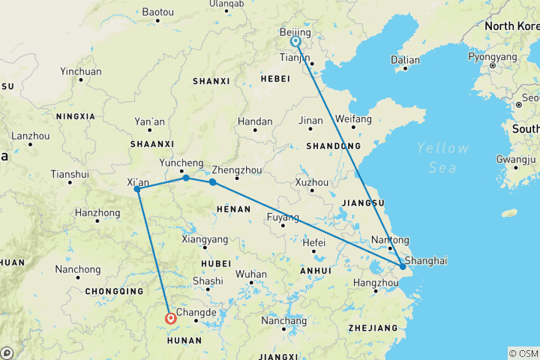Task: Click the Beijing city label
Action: pyautogui.click(x=294, y=33)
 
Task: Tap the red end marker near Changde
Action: pyautogui.click(x=171, y=319)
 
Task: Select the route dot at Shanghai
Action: pyautogui.click(x=403, y=266)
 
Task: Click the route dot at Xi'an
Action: pyautogui.click(x=137, y=189)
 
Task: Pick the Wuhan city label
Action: pyautogui.click(x=250, y=274)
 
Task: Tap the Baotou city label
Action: pyautogui.click(x=157, y=12)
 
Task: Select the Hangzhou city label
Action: pyautogui.click(x=375, y=282)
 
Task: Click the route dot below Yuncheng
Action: pyautogui.click(x=186, y=178)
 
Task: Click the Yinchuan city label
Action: pyautogui.click(x=80, y=72)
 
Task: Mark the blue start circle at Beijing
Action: pyautogui.click(x=296, y=42)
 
